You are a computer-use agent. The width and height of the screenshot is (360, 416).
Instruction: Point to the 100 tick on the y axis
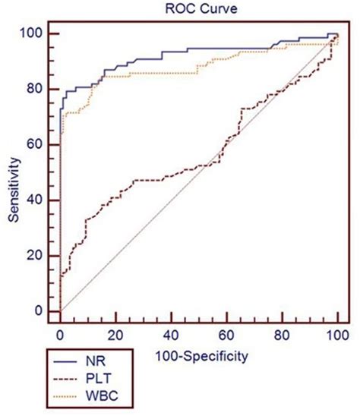tap(34, 33)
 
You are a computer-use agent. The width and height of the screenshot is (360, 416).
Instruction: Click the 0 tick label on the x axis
tap(60, 335)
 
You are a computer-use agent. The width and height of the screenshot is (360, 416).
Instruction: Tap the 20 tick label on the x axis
tap(115, 335)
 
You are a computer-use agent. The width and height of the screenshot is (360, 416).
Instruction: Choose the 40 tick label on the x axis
tap(171, 335)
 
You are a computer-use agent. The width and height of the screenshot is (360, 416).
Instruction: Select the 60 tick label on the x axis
tap(226, 335)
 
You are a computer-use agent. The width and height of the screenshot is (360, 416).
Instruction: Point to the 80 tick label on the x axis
tap(282, 335)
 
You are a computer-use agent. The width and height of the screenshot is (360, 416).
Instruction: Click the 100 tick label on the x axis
tap(336, 335)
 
